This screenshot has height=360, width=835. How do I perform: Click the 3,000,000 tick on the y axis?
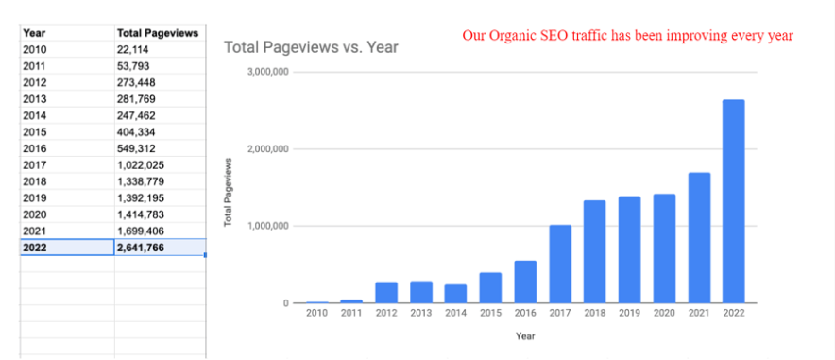[x=267, y=72]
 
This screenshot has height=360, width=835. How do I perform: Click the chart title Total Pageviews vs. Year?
[x=311, y=46]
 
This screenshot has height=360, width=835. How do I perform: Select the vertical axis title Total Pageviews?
[x=229, y=189]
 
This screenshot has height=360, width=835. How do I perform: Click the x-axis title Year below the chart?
[x=524, y=334]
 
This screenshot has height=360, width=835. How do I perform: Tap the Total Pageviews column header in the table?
[x=157, y=33]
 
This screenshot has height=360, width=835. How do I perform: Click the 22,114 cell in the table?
[x=136, y=49]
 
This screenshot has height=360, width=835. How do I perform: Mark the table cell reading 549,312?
[x=139, y=148]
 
